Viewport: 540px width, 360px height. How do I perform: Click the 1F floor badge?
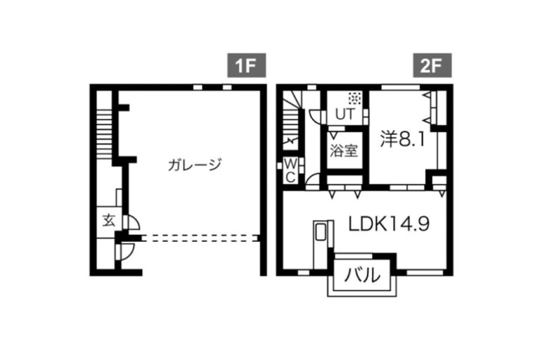click(246, 65)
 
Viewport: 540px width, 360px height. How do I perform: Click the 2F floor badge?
click(432, 65)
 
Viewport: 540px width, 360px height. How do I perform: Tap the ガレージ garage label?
click(195, 165)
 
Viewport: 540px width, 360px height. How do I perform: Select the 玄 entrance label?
click(109, 221)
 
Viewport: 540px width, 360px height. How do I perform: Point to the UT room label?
click(345, 114)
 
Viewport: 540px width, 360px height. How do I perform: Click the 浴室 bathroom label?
click(344, 150)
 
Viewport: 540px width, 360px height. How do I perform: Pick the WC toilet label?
click(290, 171)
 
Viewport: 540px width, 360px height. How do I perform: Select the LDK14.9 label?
click(389, 224)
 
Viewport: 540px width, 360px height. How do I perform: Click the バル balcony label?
click(363, 275)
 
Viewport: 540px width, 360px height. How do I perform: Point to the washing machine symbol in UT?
click(354, 98)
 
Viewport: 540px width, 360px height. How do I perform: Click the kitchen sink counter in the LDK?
click(323, 245)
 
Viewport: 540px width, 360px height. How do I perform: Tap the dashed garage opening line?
click(200, 238)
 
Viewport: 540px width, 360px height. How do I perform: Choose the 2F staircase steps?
click(291, 120)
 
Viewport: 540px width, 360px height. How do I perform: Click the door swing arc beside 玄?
click(134, 223)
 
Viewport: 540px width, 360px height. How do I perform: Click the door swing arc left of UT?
click(315, 117)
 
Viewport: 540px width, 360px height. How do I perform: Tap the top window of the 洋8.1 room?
click(401, 87)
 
